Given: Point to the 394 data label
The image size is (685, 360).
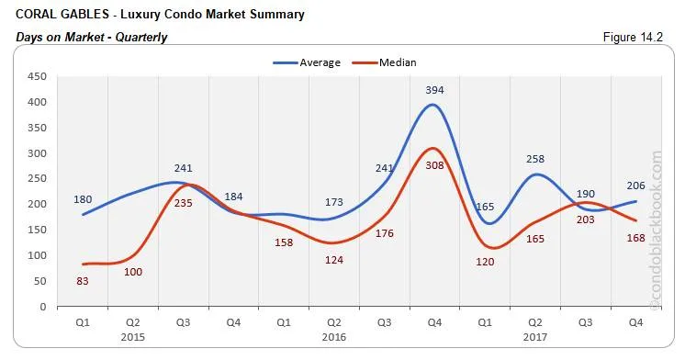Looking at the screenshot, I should point(433,90).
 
